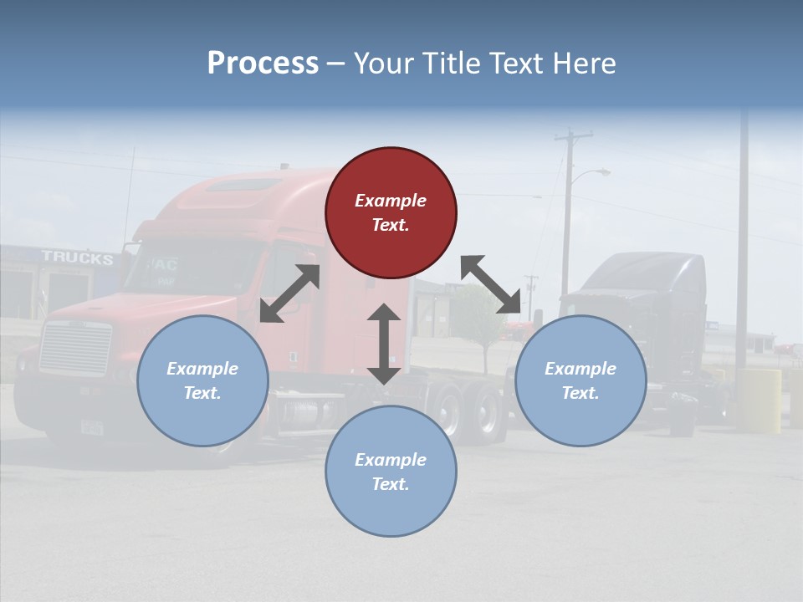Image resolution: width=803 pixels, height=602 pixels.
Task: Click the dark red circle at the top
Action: [391, 213]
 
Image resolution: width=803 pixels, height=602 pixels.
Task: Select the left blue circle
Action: [202, 381]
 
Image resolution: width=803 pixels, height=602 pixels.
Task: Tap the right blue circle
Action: [581, 381]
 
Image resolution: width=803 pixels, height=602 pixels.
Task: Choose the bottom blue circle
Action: [391, 472]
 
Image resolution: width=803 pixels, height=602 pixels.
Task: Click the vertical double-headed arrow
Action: [384, 344]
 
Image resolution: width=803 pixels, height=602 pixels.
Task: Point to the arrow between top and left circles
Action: [289, 293]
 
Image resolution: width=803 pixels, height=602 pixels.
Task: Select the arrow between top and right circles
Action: [491, 284]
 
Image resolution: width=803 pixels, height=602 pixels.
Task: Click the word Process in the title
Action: [263, 63]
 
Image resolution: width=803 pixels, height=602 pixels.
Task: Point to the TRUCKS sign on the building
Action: [77, 258]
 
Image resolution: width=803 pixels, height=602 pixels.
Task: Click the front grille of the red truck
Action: [75, 347]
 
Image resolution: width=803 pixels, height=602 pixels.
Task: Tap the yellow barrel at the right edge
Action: [759, 400]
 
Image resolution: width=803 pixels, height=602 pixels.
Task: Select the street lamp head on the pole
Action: [601, 172]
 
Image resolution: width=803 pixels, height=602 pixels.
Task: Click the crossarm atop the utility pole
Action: [573, 135]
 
